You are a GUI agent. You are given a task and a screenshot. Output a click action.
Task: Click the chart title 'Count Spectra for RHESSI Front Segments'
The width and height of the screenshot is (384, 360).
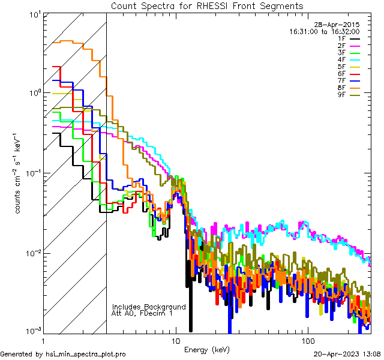click(x=207, y=5)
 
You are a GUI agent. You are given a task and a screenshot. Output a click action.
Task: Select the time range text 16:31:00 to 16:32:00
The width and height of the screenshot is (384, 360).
click(x=324, y=32)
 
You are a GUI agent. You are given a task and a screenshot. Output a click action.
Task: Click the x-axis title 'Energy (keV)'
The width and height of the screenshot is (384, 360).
click(x=207, y=350)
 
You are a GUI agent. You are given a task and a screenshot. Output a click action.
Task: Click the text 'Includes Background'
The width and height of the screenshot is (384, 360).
click(x=149, y=307)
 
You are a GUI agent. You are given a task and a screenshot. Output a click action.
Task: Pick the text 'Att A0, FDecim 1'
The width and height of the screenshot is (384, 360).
click(x=142, y=313)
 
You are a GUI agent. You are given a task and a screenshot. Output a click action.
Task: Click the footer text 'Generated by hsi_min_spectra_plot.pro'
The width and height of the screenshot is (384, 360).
click(x=63, y=355)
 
